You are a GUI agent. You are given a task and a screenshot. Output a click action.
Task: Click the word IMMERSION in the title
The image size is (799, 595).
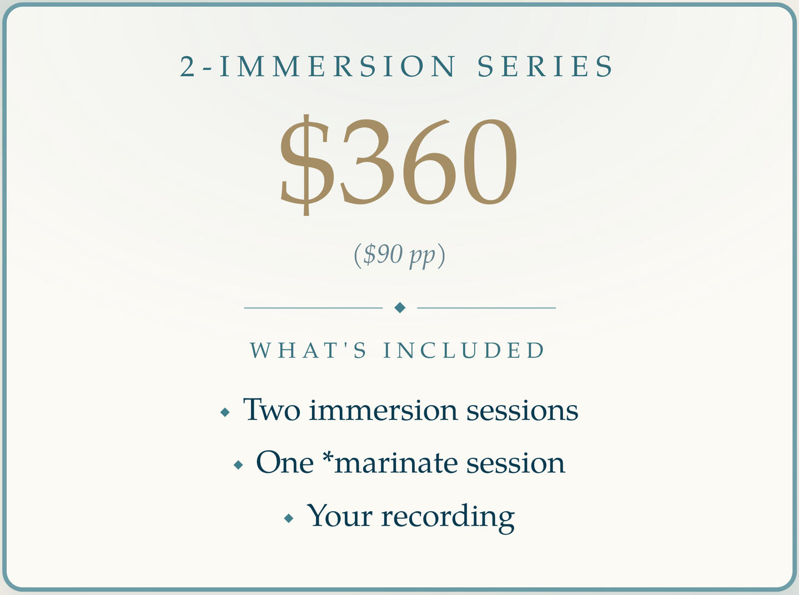tap(337, 66)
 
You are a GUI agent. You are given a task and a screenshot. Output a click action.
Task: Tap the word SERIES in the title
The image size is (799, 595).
tap(545, 66)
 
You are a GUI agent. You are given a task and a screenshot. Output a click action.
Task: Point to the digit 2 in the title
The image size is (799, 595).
tap(188, 66)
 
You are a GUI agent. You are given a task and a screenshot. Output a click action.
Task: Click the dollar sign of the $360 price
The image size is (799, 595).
tap(305, 165)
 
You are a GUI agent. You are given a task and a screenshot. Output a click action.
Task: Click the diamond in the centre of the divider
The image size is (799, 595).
tap(400, 308)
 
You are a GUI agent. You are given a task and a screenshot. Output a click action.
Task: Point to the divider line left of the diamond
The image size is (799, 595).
tap(313, 308)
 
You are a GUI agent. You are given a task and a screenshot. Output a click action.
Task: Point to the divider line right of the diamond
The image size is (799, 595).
tap(486, 308)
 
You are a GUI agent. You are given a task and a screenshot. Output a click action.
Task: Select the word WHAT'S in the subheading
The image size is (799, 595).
tap(308, 350)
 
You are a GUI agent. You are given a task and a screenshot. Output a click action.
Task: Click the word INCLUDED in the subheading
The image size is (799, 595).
tap(464, 350)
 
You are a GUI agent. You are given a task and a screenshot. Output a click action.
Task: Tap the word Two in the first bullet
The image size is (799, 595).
tap(272, 409)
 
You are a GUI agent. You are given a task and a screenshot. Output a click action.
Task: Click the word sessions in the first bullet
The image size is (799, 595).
tap(522, 411)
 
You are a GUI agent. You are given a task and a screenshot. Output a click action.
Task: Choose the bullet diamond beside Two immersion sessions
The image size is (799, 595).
tap(225, 412)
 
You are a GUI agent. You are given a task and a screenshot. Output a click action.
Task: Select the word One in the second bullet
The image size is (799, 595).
tap(285, 462)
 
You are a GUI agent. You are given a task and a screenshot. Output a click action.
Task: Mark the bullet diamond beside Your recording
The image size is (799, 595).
tap(289, 518)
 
